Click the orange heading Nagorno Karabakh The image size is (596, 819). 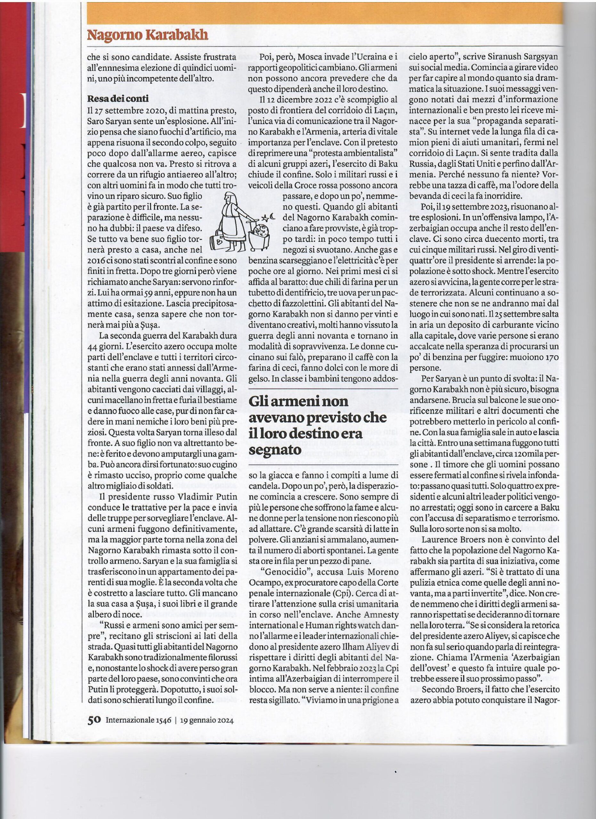coord(148,35)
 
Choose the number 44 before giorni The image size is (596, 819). coord(95,346)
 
